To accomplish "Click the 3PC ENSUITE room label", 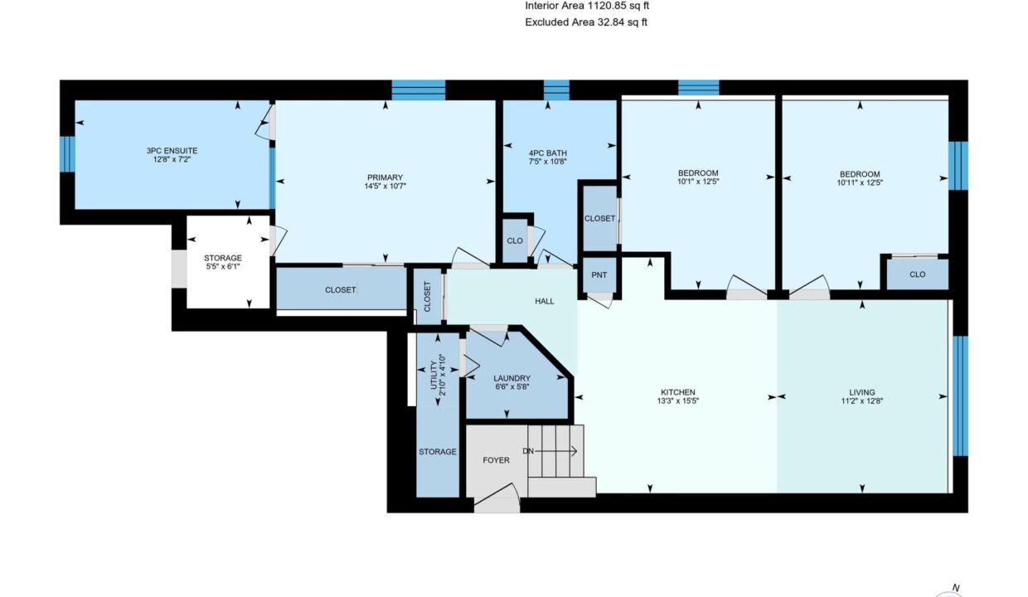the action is coord(172,151).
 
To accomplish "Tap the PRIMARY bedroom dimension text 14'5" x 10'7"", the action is coord(385,186).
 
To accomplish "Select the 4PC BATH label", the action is coord(547,153).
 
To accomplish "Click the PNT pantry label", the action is coord(599,274).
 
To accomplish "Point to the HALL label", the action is coord(545,301).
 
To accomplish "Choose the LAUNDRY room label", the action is coord(512,378).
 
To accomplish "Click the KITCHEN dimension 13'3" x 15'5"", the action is coord(678,400).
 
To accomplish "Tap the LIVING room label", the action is coord(862,392).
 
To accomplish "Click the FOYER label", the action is coord(496,460).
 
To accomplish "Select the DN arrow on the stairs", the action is coord(555,452).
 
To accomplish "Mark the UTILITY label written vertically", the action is coord(434,375).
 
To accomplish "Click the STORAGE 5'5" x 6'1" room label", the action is coord(222,258).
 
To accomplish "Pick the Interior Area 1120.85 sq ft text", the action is coord(587,6).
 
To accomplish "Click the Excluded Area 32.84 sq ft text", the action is coord(586,22).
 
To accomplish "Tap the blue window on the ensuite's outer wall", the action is coord(67,154).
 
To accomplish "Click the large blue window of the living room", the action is coord(960,396).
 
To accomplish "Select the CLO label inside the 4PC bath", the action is coord(515,241).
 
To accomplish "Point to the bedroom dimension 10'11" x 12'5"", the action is coord(860,182).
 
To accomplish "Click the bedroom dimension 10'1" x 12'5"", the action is coord(698,182).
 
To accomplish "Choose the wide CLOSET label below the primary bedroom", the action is coord(340,290).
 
